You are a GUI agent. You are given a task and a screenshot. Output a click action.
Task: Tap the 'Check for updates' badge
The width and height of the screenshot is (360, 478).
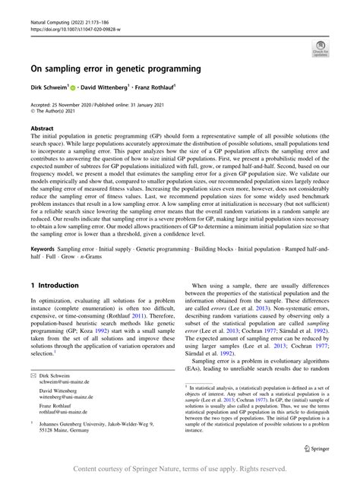click(320, 50)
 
